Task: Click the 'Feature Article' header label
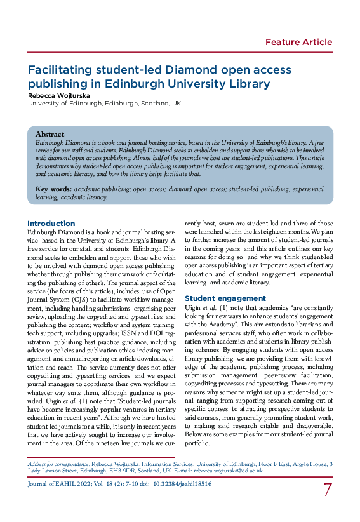tap(298, 43)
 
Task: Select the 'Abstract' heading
tap(50, 135)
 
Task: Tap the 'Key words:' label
tap(53, 189)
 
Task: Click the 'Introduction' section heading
tap(51, 224)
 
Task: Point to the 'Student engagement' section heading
tap(225, 298)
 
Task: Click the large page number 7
tap(328, 490)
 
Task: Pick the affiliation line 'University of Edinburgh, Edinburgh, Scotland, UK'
tap(104, 103)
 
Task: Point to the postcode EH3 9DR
tap(134, 471)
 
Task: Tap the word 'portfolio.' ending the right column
tap(197, 442)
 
